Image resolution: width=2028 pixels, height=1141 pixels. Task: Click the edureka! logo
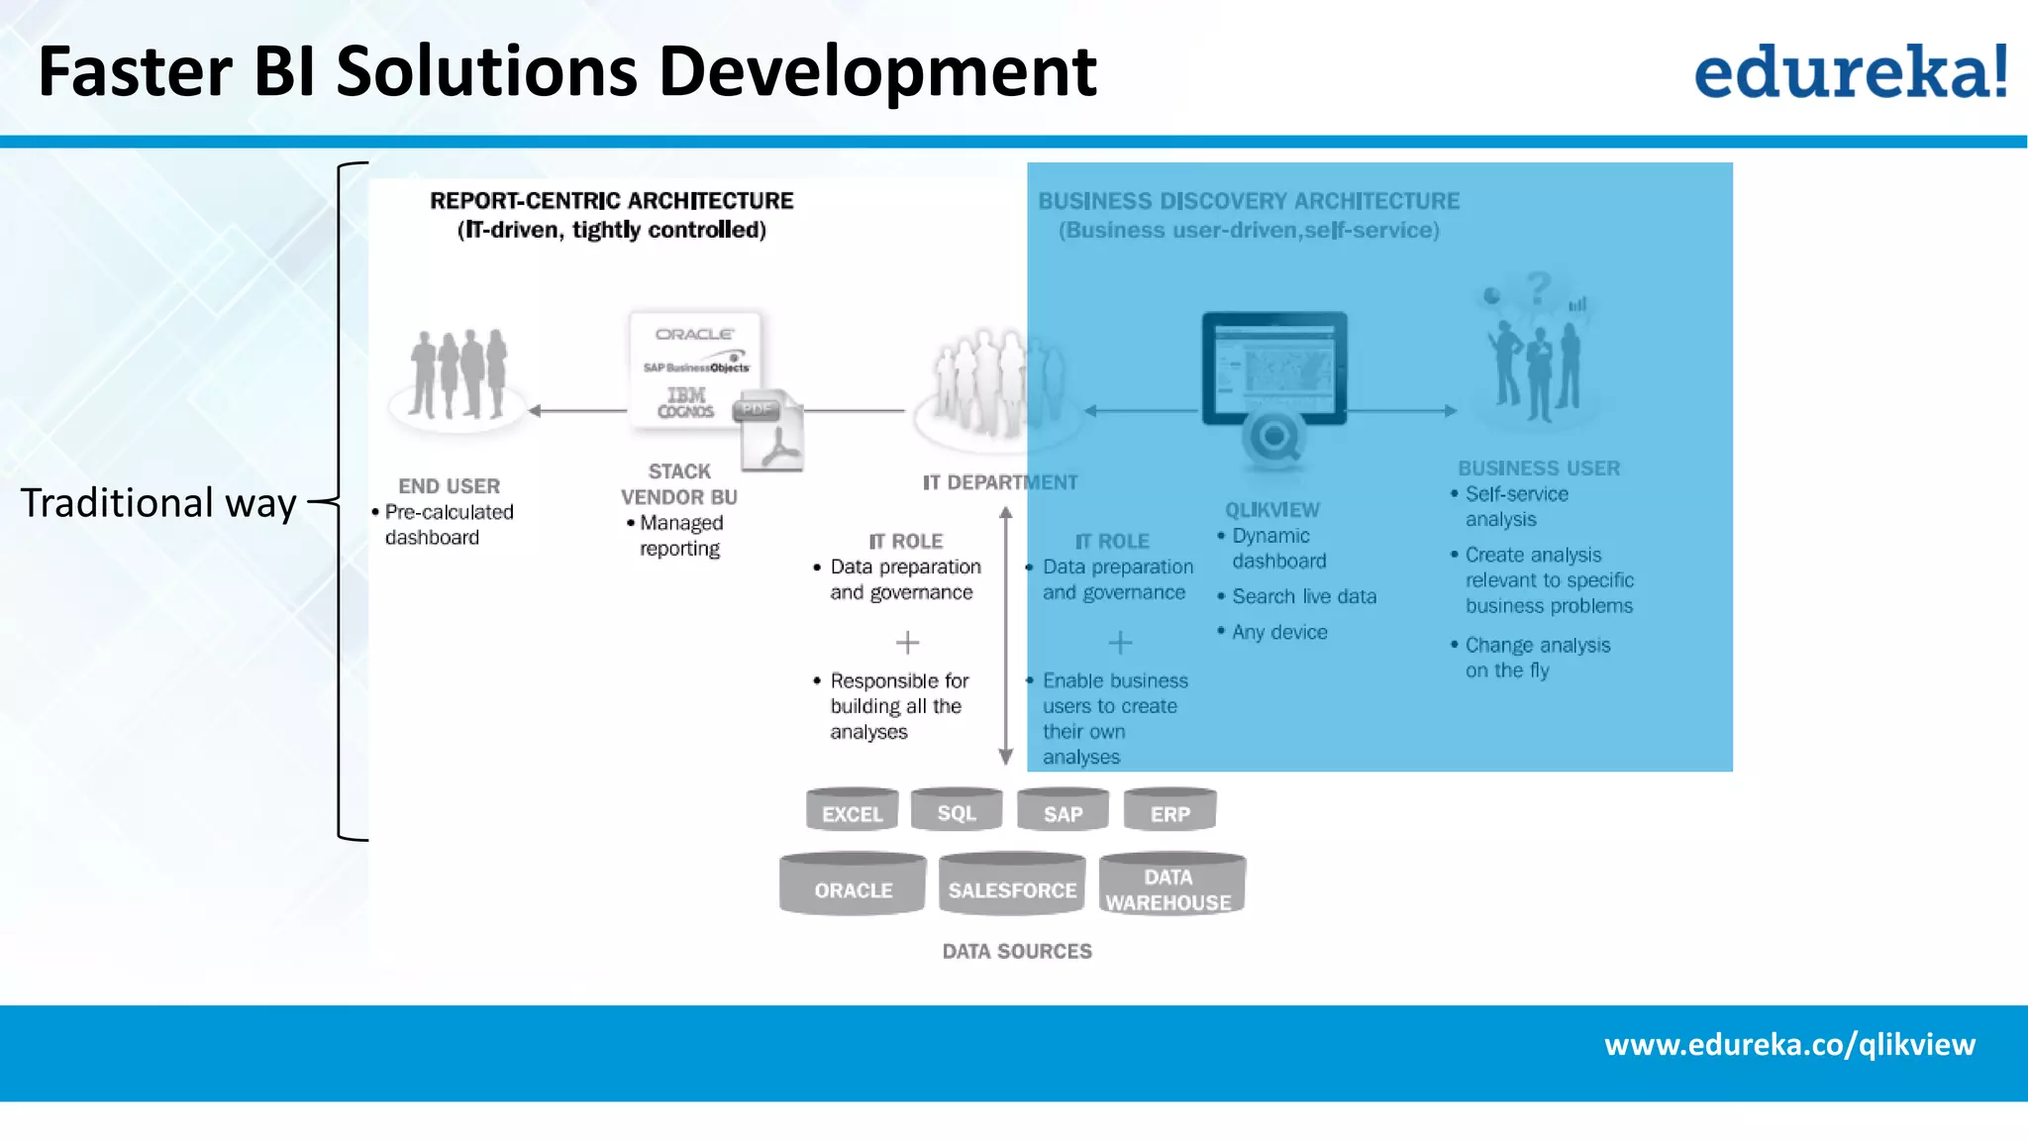(1850, 71)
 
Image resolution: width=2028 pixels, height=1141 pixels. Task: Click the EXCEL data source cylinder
(852, 811)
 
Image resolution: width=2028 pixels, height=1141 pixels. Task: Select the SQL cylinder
(957, 810)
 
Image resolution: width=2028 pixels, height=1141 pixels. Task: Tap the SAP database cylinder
(1063, 811)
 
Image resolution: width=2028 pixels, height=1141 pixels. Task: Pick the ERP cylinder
(1169, 811)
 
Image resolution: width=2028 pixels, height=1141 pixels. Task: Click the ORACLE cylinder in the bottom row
(853, 885)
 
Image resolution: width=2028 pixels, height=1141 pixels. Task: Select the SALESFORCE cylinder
(1012, 885)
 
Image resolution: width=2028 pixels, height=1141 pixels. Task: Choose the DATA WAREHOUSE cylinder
(1170, 885)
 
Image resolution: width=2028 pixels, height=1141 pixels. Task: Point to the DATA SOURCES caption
(1017, 951)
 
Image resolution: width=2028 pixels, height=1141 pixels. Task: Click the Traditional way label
(158, 503)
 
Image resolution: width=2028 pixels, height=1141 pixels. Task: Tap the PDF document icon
(771, 433)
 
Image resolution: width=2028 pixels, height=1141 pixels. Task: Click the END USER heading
(449, 486)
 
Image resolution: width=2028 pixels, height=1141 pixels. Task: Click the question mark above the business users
(1538, 288)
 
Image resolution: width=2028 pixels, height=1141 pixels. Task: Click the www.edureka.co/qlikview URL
(1789, 1045)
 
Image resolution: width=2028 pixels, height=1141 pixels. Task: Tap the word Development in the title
(877, 72)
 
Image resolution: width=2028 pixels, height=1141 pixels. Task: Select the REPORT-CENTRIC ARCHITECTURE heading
(611, 201)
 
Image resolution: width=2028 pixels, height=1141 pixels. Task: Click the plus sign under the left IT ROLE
(907, 643)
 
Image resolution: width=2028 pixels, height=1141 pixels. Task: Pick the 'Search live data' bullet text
(1303, 596)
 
